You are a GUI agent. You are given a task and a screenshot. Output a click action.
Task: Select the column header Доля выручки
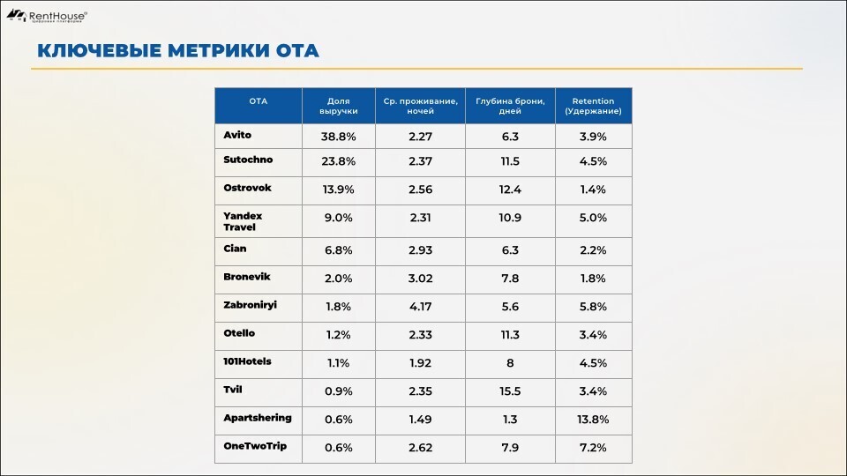(338, 106)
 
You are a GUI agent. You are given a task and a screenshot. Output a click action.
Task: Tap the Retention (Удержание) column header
(592, 106)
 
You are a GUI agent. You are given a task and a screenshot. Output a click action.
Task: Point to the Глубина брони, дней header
(510, 106)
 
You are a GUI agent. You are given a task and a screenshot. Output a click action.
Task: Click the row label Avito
(237, 135)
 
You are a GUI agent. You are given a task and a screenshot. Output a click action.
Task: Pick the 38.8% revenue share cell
(338, 137)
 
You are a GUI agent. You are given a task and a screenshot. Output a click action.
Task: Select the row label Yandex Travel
(243, 221)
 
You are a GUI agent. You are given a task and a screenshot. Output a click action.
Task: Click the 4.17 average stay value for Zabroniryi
(420, 307)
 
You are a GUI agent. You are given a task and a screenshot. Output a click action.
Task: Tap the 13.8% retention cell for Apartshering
(592, 420)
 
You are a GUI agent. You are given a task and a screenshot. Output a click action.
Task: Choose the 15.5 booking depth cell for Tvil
(510, 391)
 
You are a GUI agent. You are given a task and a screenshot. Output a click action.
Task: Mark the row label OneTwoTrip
(255, 446)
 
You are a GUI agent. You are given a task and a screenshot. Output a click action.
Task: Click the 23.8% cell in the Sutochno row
(338, 162)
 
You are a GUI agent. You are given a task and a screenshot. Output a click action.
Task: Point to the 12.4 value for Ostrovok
(510, 190)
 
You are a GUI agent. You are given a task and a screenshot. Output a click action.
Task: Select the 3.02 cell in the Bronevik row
(420, 279)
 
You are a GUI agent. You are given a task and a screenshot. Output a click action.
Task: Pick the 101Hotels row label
(247, 361)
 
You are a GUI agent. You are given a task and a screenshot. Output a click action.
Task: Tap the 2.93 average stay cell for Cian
(420, 250)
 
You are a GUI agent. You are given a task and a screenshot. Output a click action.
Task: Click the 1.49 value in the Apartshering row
(420, 420)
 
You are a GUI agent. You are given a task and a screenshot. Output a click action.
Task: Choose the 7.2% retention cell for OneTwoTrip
(592, 448)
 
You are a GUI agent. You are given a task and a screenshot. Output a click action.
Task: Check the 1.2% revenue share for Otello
(338, 335)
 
